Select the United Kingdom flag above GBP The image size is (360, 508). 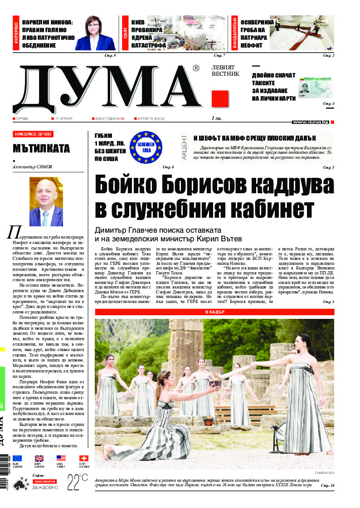click(39, 459)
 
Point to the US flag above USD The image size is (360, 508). click(61, 459)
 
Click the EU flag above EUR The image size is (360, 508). click(17, 459)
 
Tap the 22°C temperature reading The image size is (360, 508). click(78, 481)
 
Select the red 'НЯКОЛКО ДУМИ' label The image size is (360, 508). click(33, 134)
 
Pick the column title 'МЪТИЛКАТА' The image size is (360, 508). click(41, 148)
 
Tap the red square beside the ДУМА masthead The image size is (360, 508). click(220, 98)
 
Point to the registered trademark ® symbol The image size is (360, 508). click(196, 68)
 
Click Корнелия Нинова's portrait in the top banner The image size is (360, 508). click(96, 33)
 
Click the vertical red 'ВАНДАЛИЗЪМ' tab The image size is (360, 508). click(234, 33)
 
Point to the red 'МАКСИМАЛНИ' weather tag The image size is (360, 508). click(44, 481)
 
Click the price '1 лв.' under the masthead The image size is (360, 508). click(216, 118)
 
